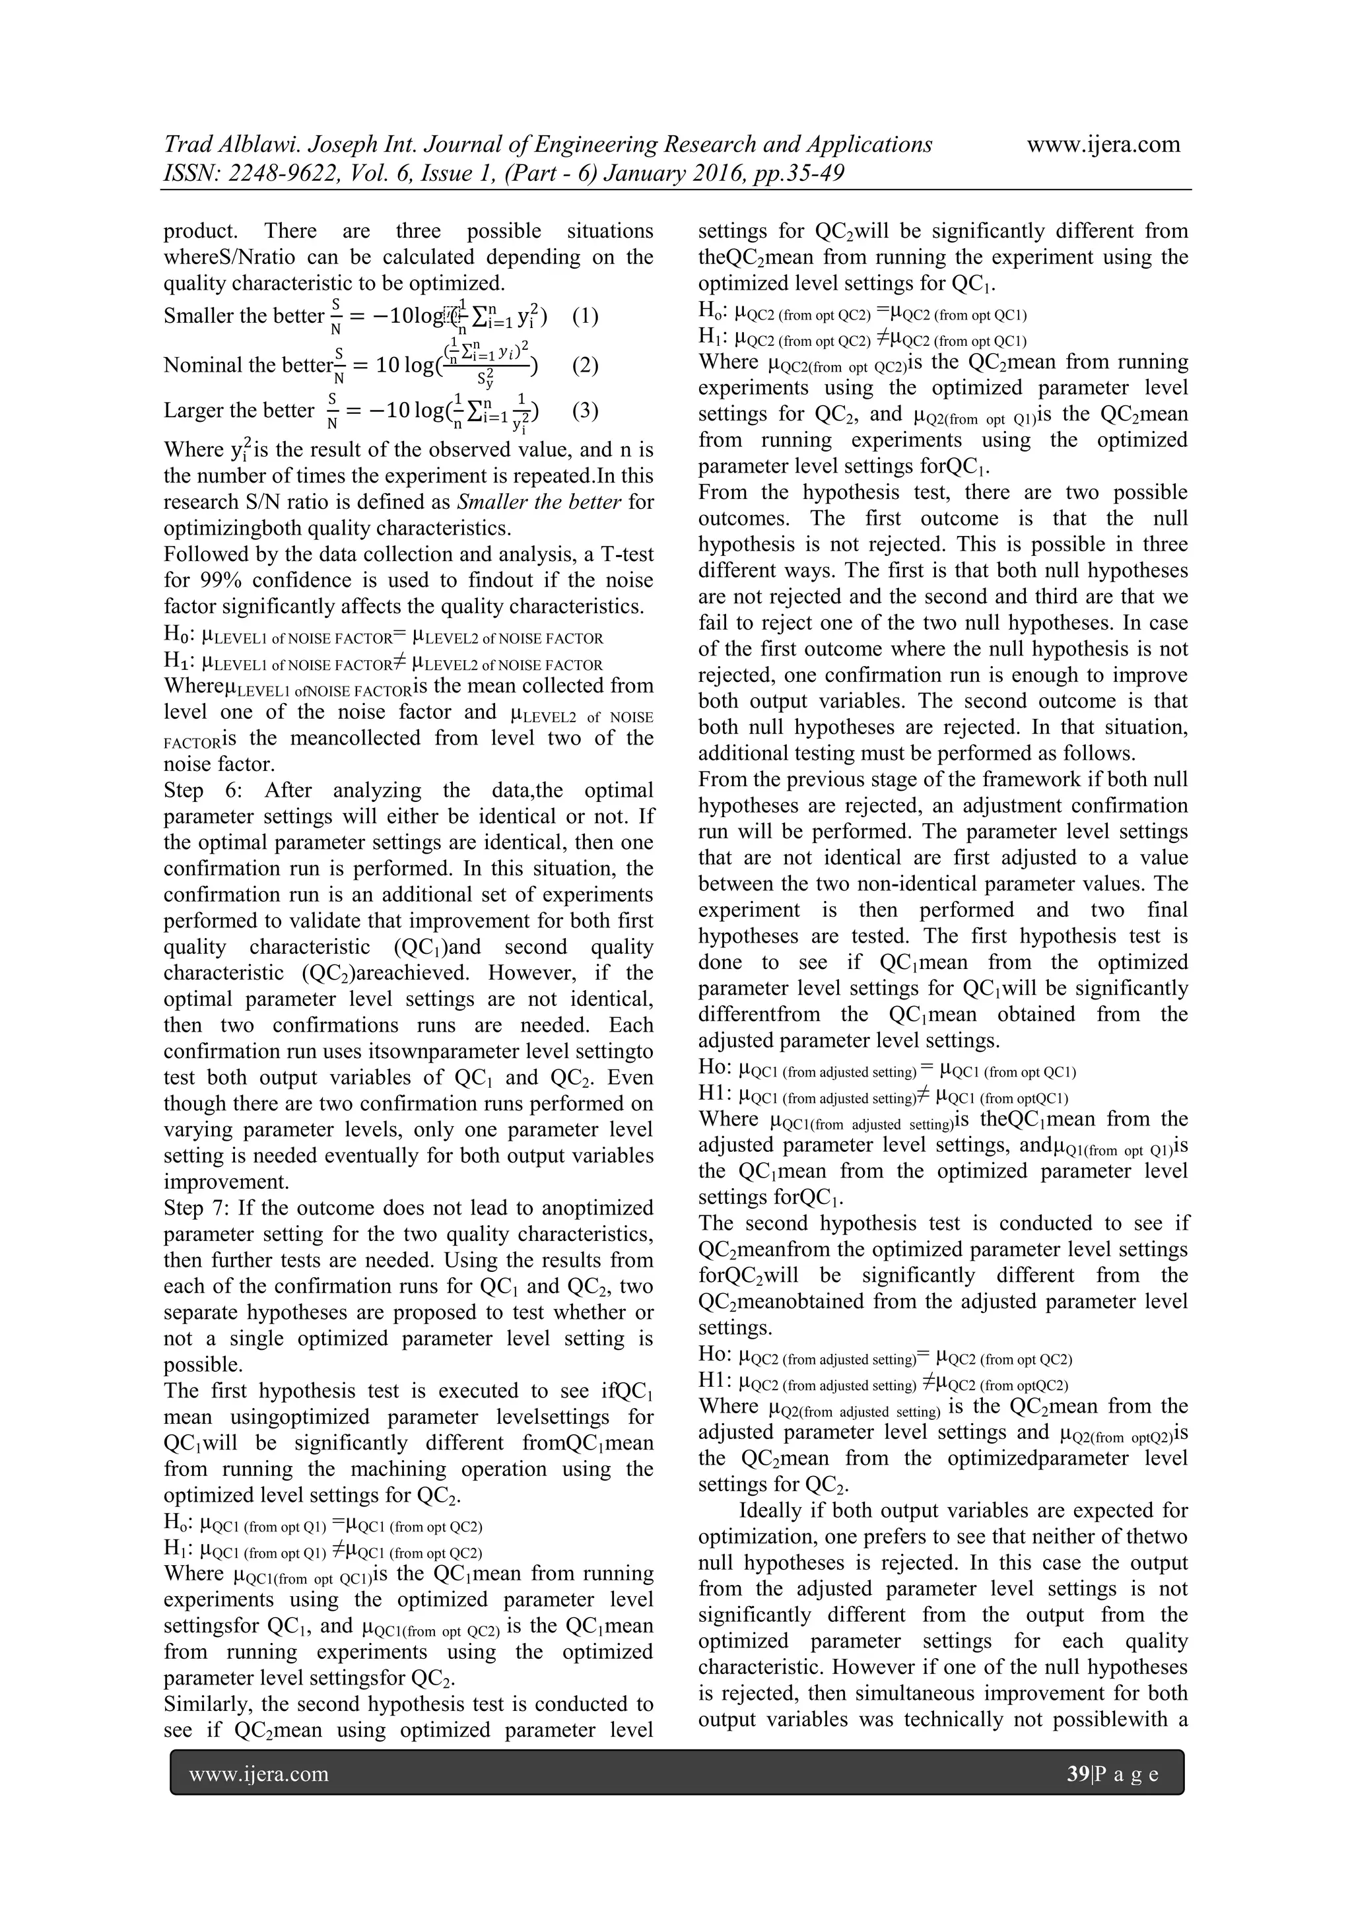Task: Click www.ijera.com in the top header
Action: pos(1103,145)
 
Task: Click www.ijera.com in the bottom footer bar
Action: pos(259,1774)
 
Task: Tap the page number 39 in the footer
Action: pos(1078,1774)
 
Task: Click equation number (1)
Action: pos(586,316)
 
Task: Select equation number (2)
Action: pos(586,366)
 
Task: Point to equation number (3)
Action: pos(586,411)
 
